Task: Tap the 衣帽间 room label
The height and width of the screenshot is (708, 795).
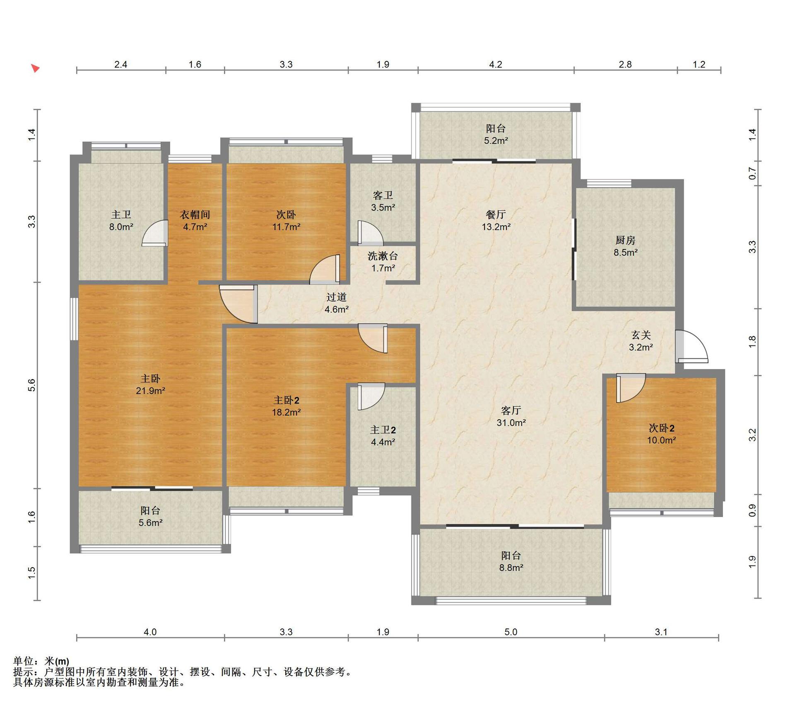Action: pos(195,215)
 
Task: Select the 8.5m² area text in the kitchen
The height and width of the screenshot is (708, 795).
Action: pos(625,252)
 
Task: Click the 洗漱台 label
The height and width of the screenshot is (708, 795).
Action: pos(383,256)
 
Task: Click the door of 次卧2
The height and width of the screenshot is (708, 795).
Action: pos(631,388)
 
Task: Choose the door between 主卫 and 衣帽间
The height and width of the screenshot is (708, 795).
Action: pos(155,233)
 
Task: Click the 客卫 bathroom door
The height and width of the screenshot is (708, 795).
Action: pos(370,233)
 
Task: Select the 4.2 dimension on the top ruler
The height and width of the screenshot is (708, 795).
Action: pos(496,64)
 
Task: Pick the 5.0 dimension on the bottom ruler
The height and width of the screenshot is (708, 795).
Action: pos(511,632)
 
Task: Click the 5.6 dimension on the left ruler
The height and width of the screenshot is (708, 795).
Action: pos(32,385)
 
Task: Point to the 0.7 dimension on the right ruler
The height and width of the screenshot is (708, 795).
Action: pos(752,173)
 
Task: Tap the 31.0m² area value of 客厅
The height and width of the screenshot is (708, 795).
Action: pos(511,423)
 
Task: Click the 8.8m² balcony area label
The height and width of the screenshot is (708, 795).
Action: pos(511,568)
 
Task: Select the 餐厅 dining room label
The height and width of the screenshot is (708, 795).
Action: pos(496,215)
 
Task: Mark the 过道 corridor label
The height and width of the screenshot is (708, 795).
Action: pos(336,297)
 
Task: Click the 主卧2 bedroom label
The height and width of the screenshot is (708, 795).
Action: pos(286,400)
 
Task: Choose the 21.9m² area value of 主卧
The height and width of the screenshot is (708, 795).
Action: pos(151,390)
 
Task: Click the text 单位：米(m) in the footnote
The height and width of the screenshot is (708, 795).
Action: pos(41,661)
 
